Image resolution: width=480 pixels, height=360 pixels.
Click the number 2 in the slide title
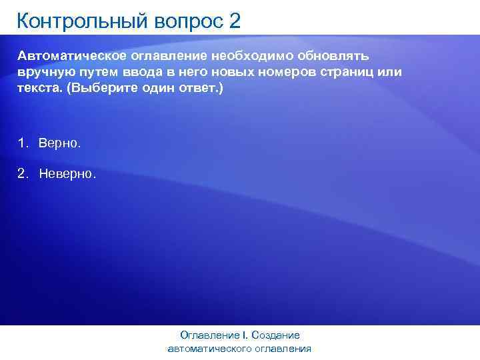234,21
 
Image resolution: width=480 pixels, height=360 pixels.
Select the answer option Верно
59,143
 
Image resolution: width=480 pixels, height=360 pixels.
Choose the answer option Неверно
67,174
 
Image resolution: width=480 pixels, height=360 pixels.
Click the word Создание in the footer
277,335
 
